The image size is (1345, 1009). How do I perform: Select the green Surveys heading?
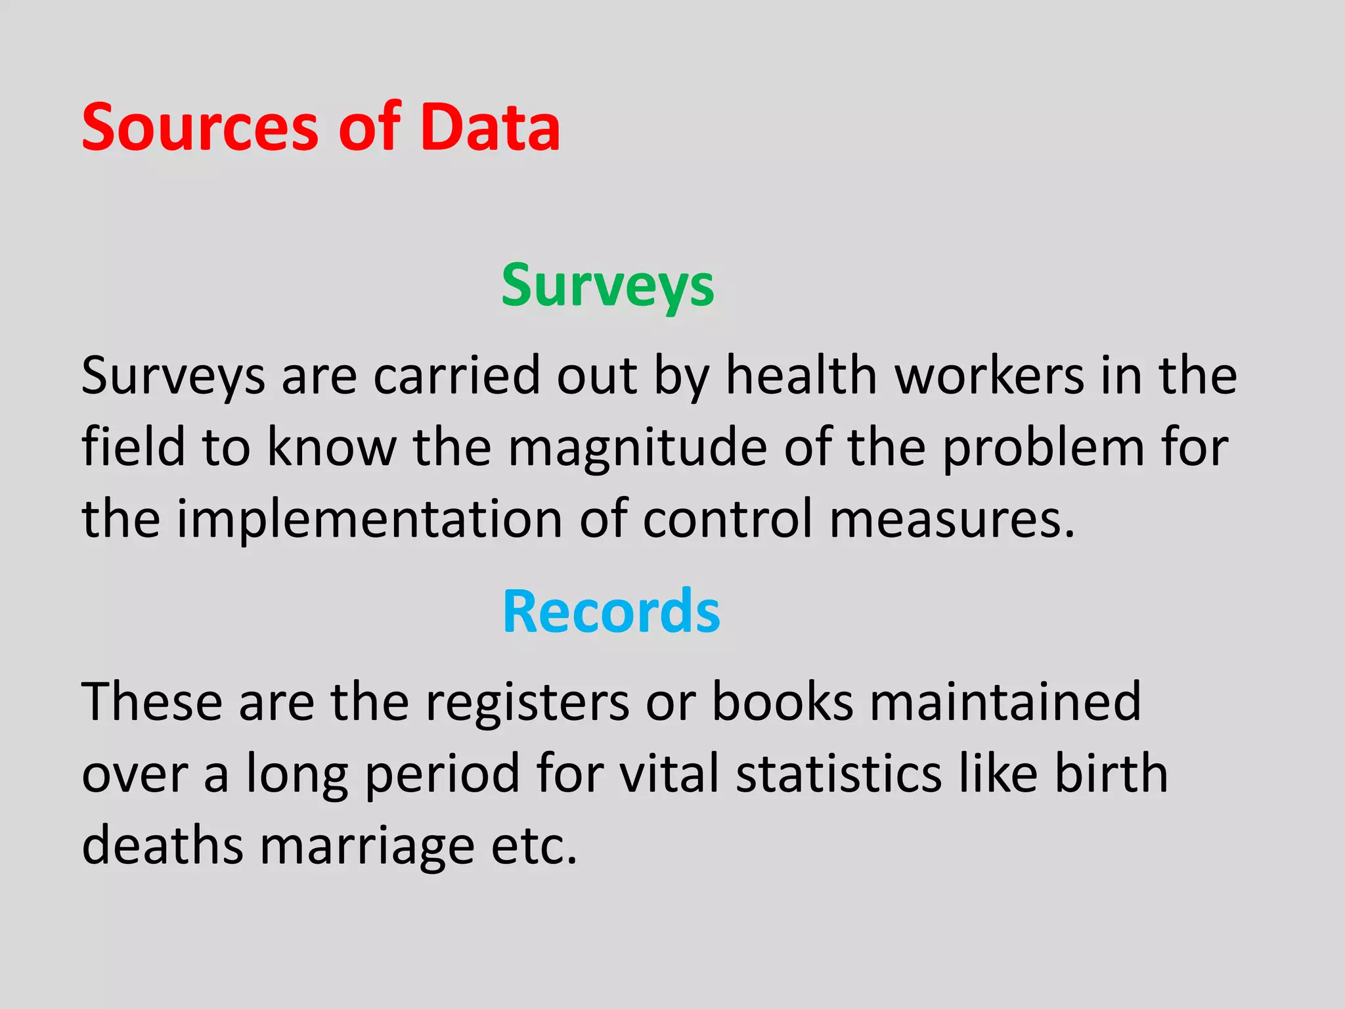[x=607, y=286]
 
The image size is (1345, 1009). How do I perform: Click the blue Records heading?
[x=611, y=612]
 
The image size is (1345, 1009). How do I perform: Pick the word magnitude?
[x=637, y=448]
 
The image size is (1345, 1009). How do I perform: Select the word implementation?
[x=369, y=519]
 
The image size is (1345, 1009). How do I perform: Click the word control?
[x=728, y=519]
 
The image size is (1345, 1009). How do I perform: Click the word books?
[x=783, y=702]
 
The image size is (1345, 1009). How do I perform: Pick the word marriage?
[x=367, y=845]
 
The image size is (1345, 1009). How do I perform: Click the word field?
[x=133, y=448]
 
